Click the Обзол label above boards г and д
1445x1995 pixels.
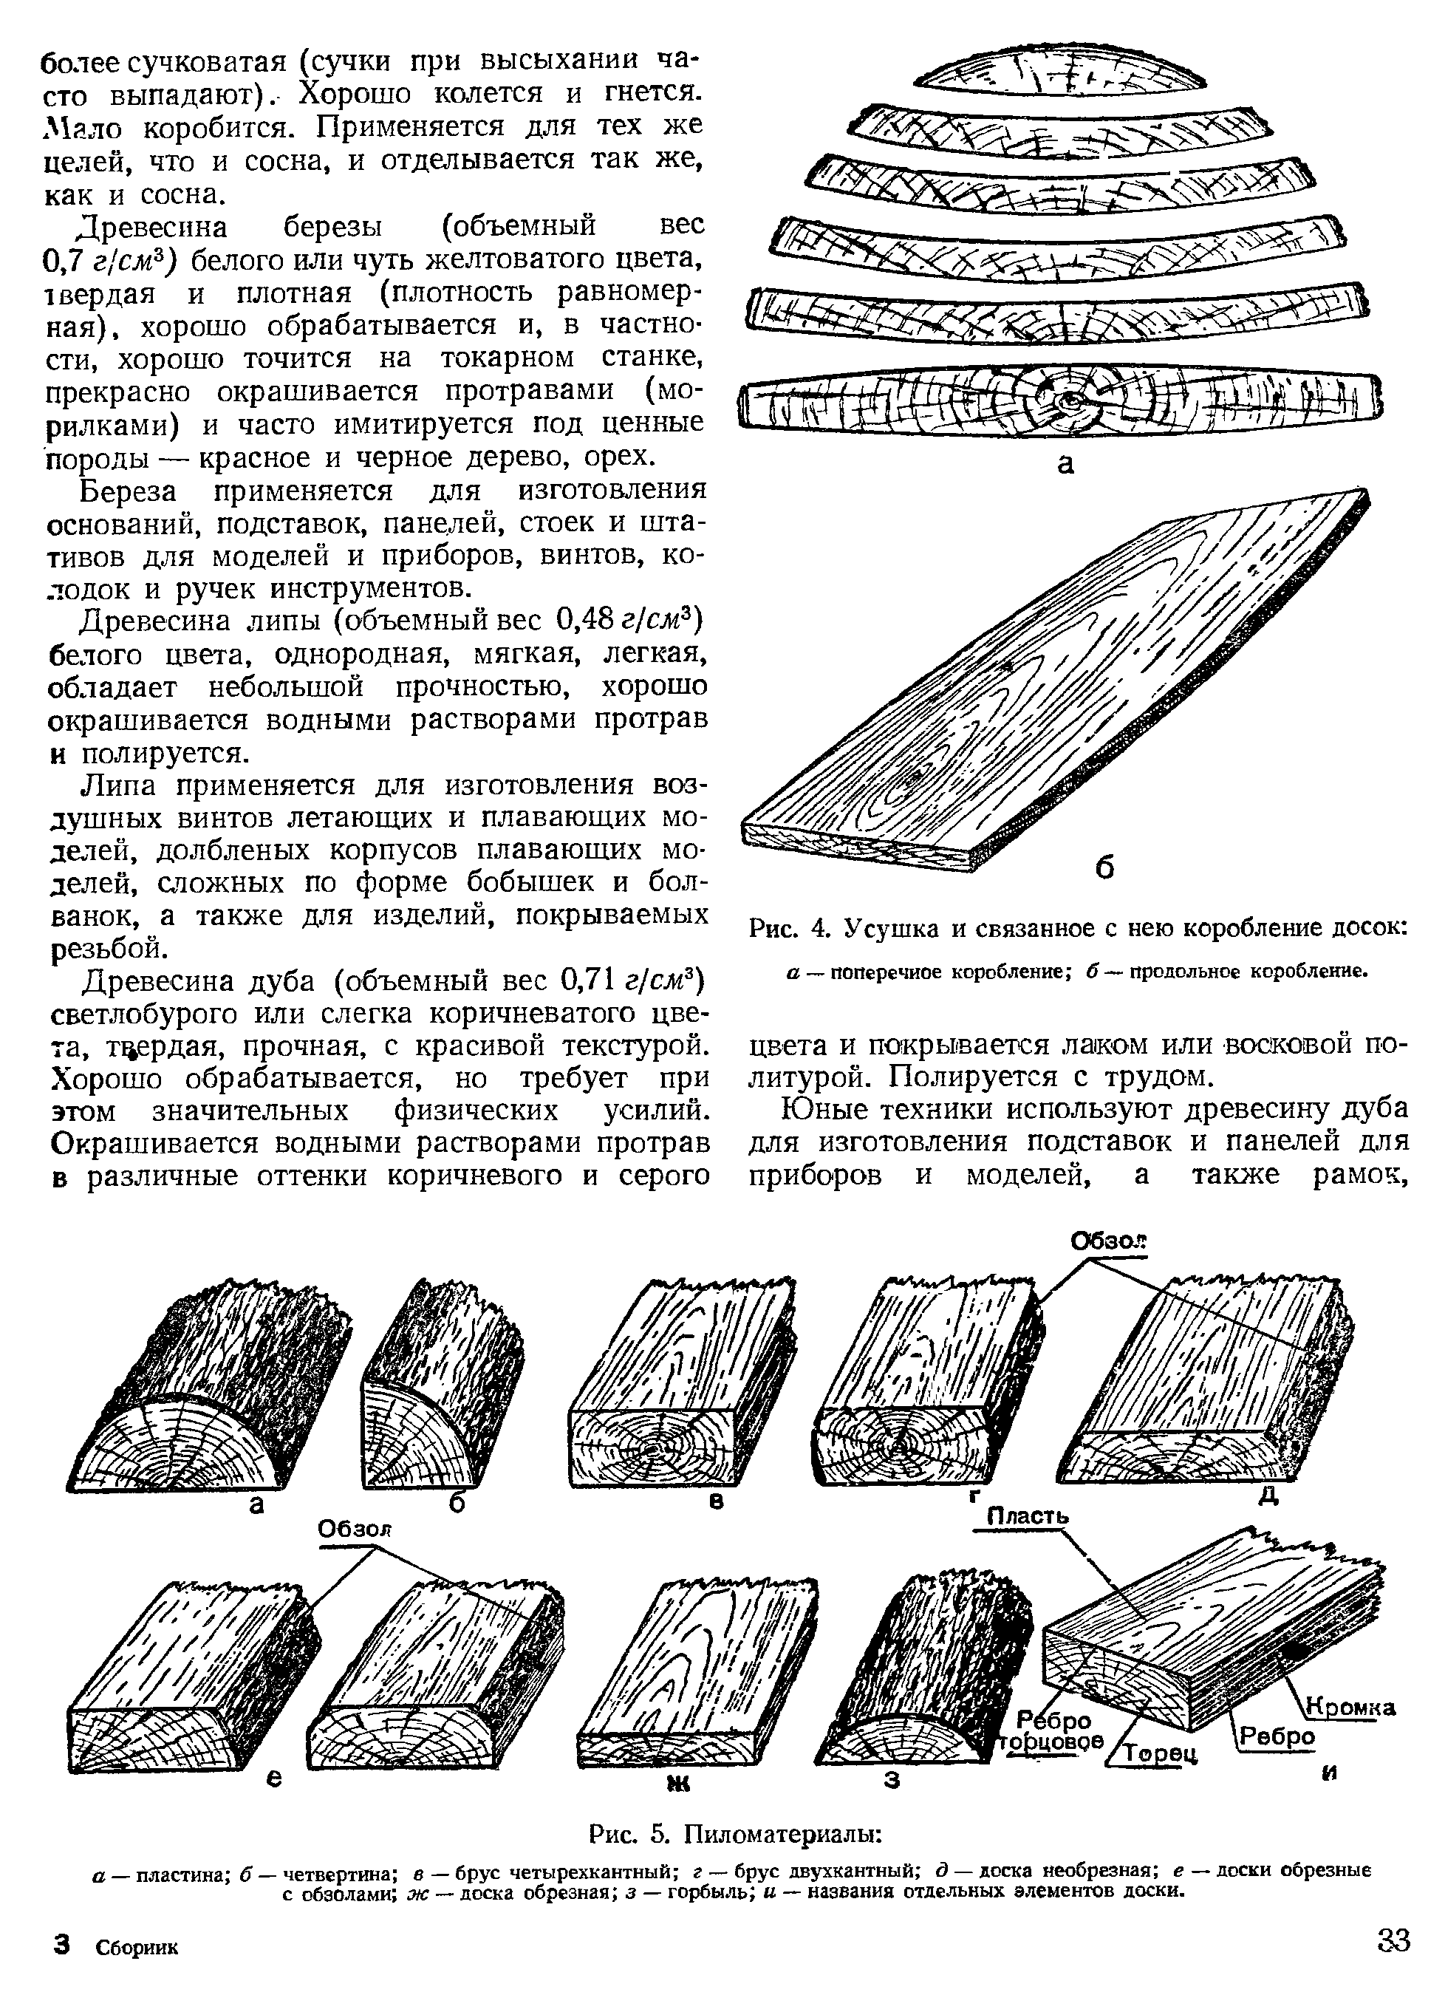[1108, 1241]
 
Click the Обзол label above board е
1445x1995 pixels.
[354, 1529]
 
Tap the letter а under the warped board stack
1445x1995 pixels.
[1065, 463]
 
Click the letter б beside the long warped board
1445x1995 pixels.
[1104, 868]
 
